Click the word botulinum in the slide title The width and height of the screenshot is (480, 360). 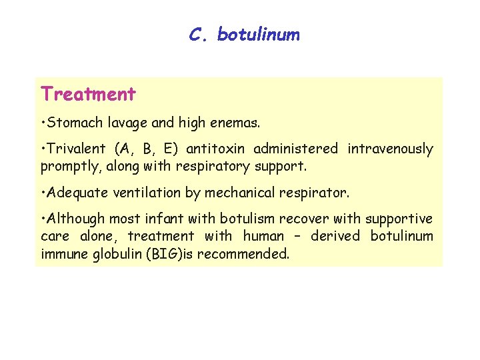coord(258,35)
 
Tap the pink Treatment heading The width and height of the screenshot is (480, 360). coord(88,94)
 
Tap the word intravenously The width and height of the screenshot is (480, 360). coord(390,149)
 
